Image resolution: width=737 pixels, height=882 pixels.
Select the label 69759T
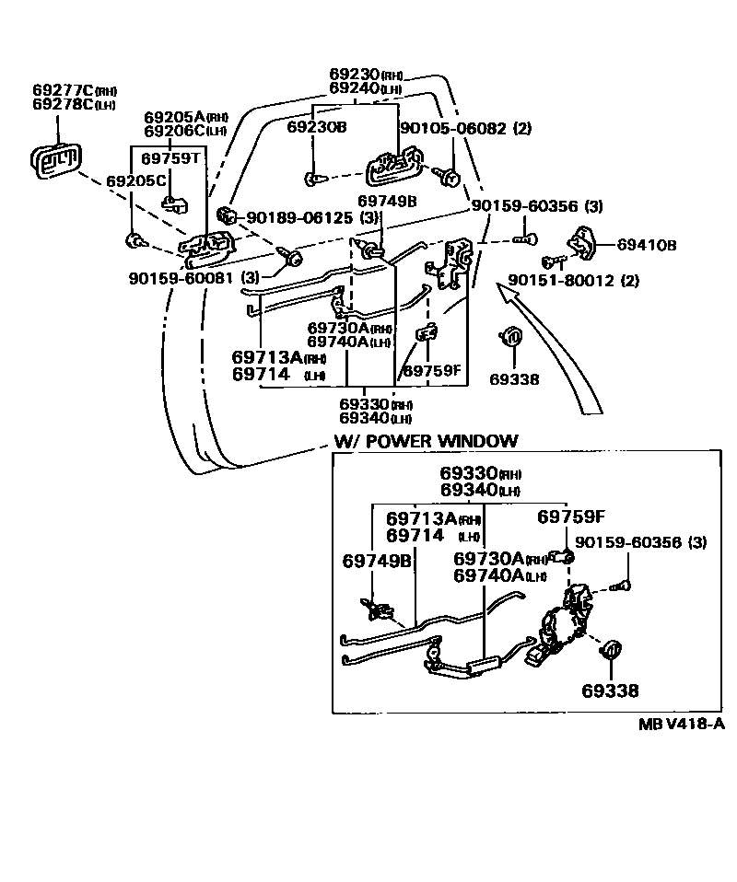tap(170, 158)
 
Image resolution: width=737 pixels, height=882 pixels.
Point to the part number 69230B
tap(316, 127)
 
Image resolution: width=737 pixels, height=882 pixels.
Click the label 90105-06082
tap(451, 129)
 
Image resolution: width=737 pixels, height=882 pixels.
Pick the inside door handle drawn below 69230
tap(395, 166)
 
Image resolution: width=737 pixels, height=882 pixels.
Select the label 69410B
tap(646, 246)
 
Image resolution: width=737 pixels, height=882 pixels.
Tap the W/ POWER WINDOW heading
tap(426, 441)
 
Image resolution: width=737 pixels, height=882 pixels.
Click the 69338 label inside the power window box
tap(609, 690)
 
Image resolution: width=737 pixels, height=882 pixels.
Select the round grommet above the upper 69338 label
tap(512, 337)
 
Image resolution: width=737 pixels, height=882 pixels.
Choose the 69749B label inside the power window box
tap(376, 561)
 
